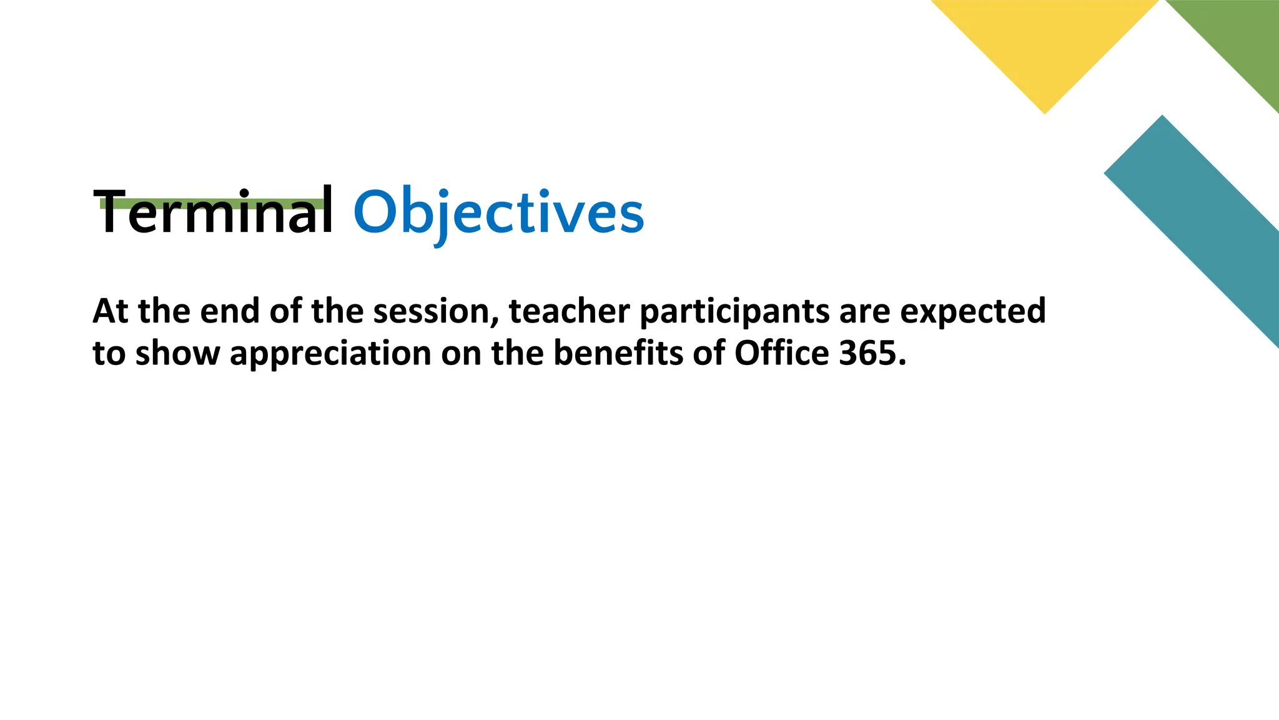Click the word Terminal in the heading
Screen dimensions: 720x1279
tap(214, 212)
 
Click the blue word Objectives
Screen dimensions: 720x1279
tap(498, 212)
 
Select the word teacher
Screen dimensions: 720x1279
tap(569, 312)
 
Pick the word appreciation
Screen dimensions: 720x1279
tap(330, 354)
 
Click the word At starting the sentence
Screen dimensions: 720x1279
tap(110, 312)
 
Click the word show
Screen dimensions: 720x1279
tap(177, 354)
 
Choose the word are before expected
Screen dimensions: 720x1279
tap(864, 312)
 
